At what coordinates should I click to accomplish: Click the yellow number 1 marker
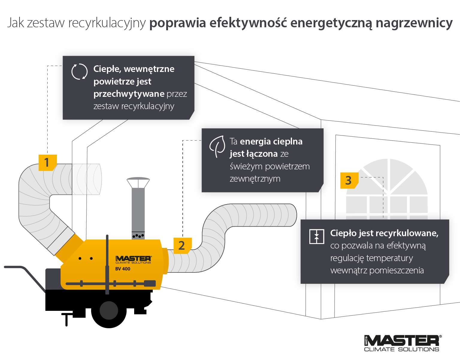coord(47,162)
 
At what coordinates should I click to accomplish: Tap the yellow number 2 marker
coord(182,245)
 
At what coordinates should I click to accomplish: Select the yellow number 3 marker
coord(349,180)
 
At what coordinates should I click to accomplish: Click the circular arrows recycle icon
coord(79,72)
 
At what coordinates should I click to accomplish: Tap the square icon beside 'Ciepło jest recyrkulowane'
coord(317,237)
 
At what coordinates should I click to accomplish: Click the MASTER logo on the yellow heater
coord(133,258)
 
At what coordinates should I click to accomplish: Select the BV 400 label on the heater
coord(123,269)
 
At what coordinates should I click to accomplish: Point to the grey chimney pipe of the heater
coord(138,210)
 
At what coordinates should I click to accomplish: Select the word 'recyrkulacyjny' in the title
coord(107,23)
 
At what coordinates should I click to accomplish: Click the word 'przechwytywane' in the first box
coord(129,94)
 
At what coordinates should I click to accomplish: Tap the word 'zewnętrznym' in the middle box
coord(255,179)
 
